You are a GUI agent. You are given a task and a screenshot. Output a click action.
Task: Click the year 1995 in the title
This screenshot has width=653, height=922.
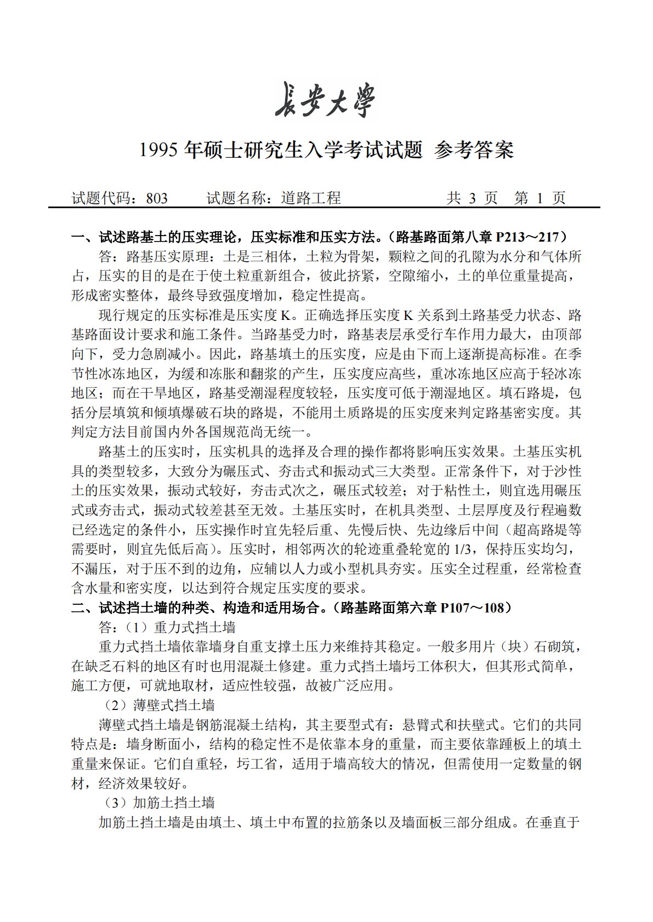point(159,150)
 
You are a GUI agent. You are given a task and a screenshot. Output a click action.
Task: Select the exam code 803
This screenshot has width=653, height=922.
point(157,198)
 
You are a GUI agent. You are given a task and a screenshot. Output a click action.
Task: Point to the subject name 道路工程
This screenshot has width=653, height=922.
point(311,198)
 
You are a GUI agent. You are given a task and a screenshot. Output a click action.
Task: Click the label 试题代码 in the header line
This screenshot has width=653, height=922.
point(101,198)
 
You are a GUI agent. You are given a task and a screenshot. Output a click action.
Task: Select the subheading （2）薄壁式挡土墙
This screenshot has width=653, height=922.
point(160,705)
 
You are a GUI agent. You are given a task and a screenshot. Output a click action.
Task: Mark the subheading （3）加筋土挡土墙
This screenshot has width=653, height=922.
point(160,803)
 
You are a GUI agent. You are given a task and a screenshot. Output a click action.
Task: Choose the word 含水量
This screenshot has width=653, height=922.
point(92,588)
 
